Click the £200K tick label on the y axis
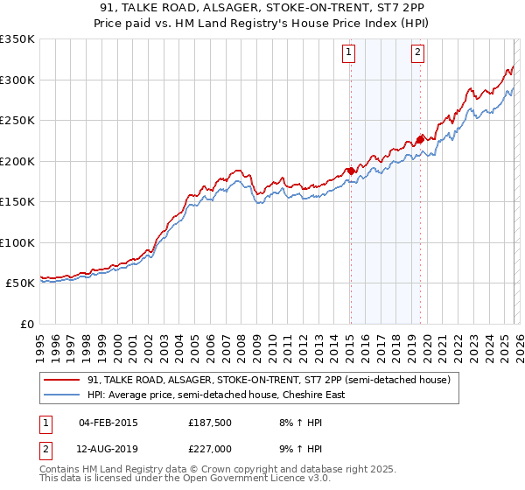coord(17,161)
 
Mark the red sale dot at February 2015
coord(350,171)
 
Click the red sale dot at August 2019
coord(420,139)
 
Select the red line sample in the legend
coord(62,380)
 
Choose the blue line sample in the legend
coord(62,395)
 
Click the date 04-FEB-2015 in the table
coord(108,422)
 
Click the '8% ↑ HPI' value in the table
coord(300,422)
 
